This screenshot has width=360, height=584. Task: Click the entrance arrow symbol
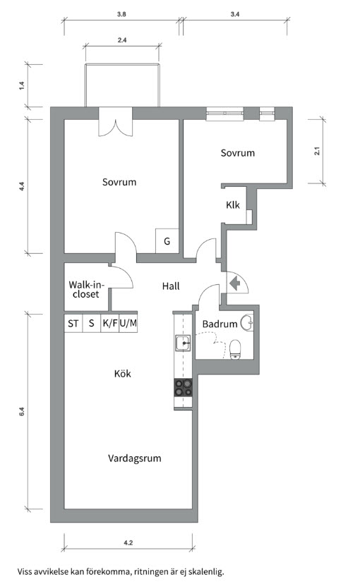tap(235, 284)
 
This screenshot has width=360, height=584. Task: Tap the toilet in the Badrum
tap(236, 349)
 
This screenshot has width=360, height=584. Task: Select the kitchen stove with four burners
tap(184, 387)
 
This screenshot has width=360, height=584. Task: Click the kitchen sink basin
tap(184, 343)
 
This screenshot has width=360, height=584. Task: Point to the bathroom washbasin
tap(247, 322)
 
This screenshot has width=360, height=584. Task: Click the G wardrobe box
tap(167, 241)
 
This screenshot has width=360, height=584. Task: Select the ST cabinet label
tap(73, 323)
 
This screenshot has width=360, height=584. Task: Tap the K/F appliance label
tap(110, 323)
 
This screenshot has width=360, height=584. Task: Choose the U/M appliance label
tap(128, 323)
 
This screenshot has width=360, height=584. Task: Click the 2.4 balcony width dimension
tap(122, 40)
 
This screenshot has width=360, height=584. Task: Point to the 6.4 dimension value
tap(22, 412)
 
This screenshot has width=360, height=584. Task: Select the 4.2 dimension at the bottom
tap(128, 542)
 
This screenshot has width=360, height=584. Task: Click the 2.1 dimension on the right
tap(317, 151)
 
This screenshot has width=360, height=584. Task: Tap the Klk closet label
tap(233, 205)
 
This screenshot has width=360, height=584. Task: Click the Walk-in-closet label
tap(86, 290)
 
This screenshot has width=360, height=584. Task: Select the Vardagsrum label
tap(135, 458)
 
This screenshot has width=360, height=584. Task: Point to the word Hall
tap(171, 286)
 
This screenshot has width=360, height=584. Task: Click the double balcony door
tap(116, 123)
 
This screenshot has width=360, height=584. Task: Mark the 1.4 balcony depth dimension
tap(22, 85)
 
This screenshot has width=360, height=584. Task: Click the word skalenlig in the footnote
tap(206, 571)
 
